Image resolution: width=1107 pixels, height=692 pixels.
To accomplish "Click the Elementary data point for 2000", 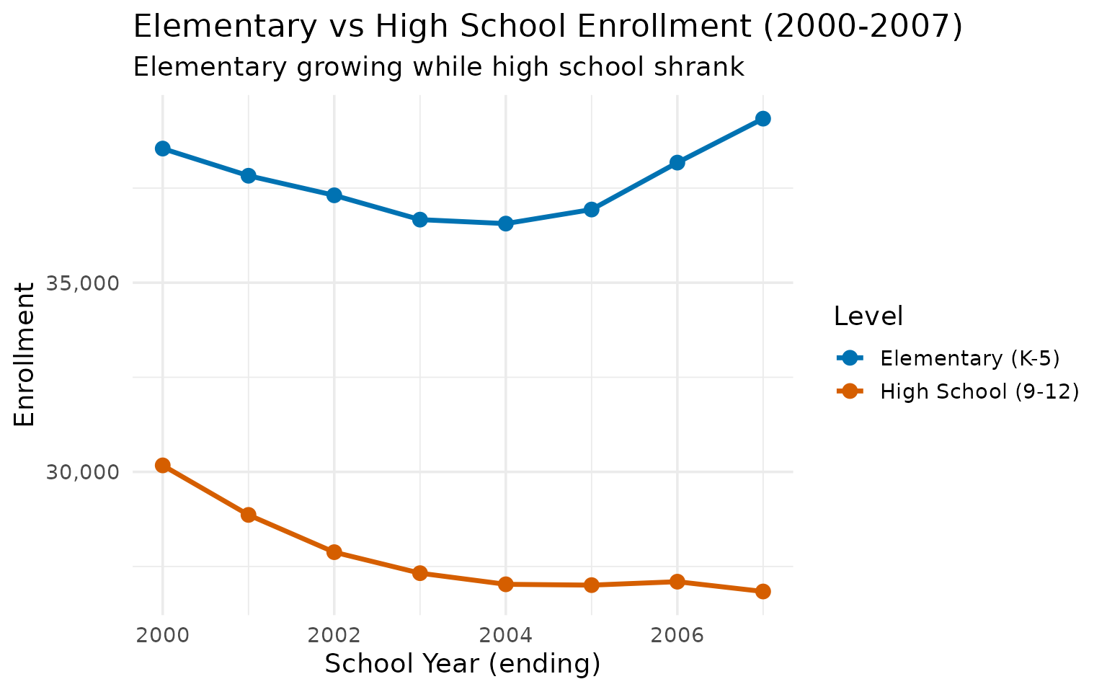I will pos(162,148).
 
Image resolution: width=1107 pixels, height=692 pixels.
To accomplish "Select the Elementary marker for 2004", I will pos(505,223).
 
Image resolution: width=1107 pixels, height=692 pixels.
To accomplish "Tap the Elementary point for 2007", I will pos(763,119).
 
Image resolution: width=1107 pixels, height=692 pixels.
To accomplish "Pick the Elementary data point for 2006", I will pos(677,163).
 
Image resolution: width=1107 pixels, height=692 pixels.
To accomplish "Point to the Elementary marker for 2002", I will pos(334,195).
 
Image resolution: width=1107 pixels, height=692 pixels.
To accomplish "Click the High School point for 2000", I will pos(162,465).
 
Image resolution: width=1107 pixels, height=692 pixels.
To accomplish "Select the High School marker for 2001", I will pos(248,515).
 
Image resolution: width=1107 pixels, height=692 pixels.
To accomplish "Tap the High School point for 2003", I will pos(419,573).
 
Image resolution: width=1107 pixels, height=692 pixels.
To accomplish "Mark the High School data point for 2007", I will pos(763,592).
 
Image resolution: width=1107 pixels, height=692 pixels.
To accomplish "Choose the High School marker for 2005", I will pos(591,585).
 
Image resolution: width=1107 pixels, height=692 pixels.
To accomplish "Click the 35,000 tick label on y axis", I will pos(81,283).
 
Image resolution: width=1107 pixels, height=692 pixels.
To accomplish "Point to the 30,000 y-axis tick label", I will pos(81,472).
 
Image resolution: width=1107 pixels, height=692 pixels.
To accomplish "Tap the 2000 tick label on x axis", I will pos(162,635).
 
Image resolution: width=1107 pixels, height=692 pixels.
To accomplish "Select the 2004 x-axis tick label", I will pos(505,635).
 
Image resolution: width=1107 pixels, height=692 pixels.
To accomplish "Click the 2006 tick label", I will pos(677,635).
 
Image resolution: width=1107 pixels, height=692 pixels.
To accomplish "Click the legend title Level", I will pos(868,316).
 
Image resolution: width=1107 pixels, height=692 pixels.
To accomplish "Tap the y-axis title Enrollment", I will pos(25,354).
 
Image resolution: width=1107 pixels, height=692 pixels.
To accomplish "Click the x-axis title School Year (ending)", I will pos(463,664).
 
